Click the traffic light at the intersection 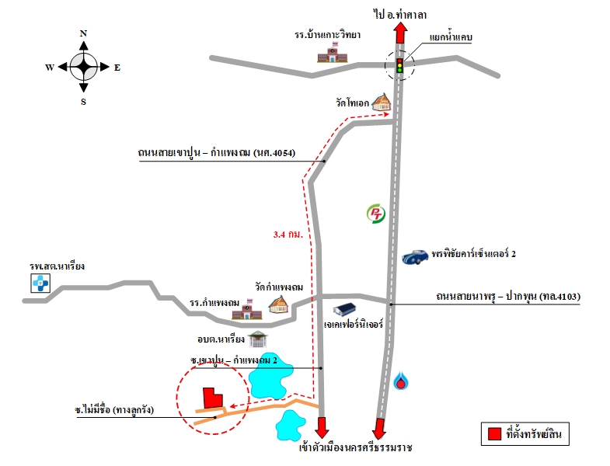point(399,65)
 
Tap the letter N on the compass point(83,33)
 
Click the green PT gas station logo point(376,214)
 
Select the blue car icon point(416,257)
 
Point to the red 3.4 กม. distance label point(288,235)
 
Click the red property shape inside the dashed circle point(212,398)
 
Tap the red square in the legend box point(494,433)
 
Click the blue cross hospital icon point(40,283)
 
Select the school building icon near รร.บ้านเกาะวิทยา point(332,53)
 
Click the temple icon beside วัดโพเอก point(382,102)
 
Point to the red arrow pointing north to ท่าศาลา point(400,33)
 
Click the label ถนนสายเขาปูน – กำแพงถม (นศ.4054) point(217,152)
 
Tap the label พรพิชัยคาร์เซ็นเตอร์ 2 point(473,254)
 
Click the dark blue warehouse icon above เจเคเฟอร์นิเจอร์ point(345,309)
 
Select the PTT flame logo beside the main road point(401,381)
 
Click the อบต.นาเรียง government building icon point(257,339)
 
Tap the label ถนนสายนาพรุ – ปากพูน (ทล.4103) point(508,297)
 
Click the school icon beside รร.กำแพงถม point(247,309)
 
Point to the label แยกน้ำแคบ point(451,37)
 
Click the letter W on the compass point(50,68)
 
